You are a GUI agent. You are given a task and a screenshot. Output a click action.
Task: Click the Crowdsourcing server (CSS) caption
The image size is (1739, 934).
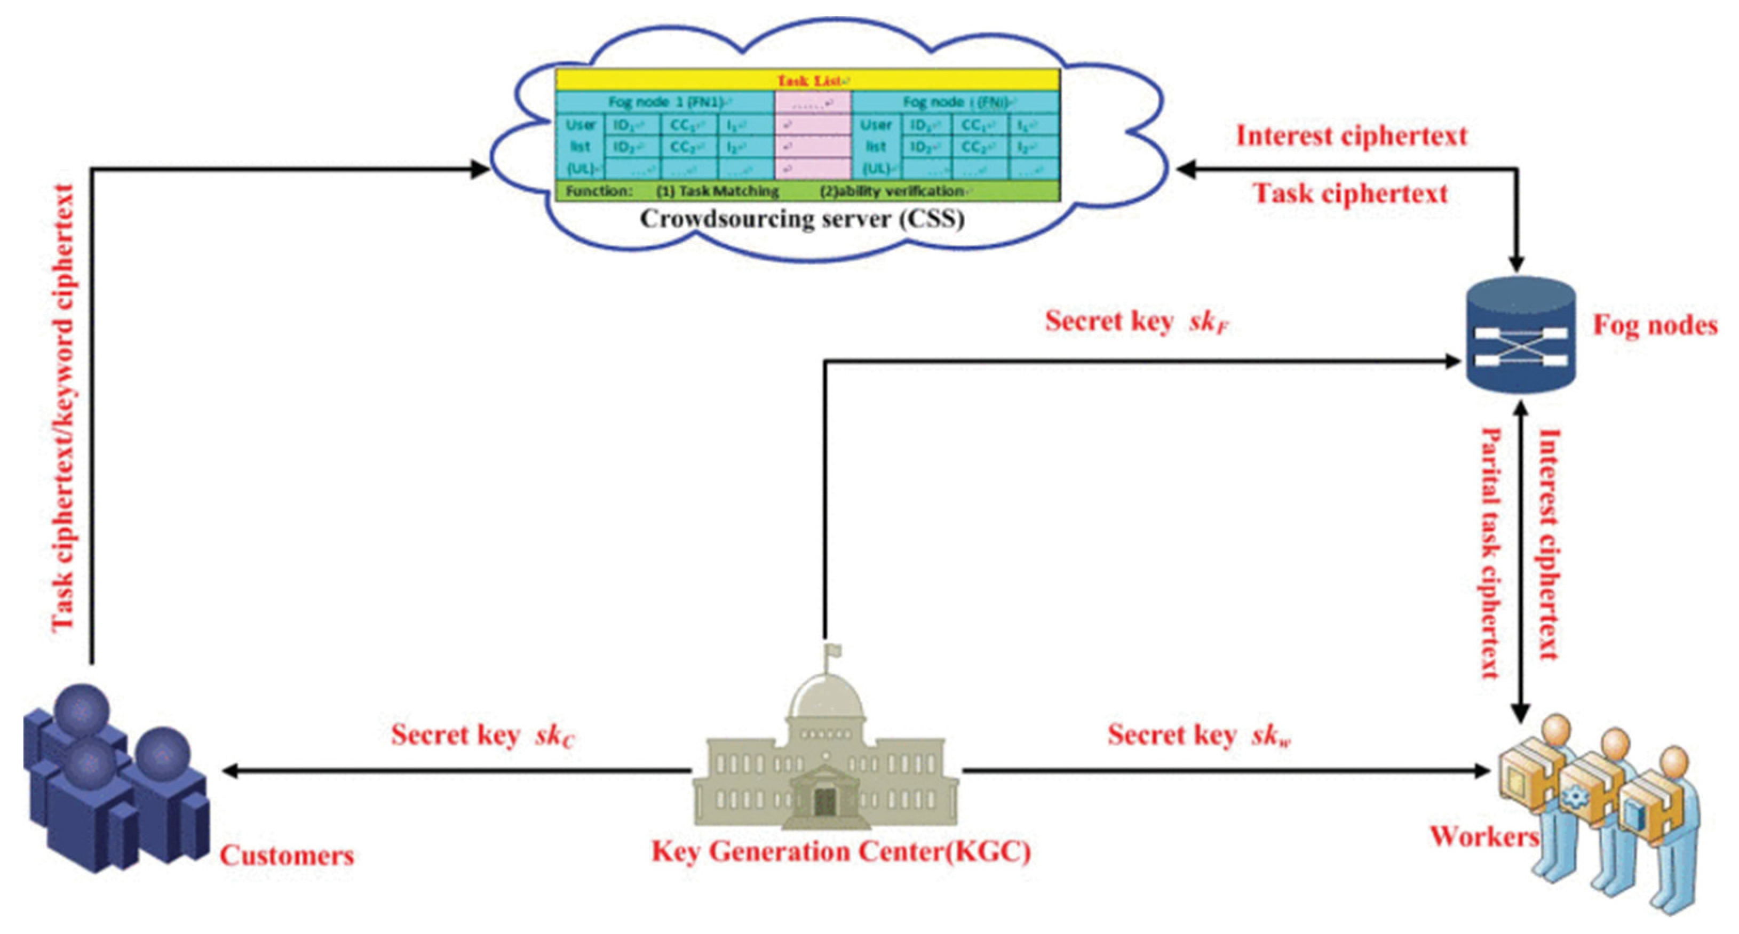(802, 219)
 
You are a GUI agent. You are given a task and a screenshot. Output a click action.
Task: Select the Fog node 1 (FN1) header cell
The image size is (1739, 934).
(665, 102)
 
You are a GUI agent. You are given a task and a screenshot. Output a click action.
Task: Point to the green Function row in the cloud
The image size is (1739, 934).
(807, 191)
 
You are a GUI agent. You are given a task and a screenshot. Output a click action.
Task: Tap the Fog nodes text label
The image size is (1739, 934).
(1655, 326)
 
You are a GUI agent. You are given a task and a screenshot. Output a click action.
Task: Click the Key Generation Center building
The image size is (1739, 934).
(825, 763)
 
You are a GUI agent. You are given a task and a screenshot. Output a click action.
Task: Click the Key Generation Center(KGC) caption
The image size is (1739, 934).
(840, 852)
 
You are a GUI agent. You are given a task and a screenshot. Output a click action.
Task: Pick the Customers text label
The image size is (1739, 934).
(287, 856)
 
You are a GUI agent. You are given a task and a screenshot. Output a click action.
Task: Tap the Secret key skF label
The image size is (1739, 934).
(1136, 321)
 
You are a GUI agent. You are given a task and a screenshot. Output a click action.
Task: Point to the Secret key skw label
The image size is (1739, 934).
(1199, 735)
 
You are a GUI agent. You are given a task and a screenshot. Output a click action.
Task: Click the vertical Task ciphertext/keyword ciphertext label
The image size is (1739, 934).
(64, 408)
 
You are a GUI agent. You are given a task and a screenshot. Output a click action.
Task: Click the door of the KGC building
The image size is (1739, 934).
(825, 801)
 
